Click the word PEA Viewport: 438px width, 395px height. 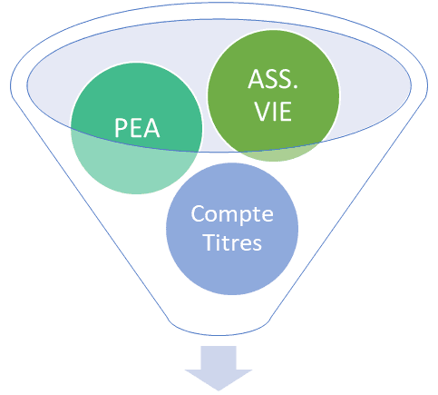(137, 128)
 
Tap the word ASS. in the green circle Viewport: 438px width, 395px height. (273, 79)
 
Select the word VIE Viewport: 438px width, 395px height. (273, 112)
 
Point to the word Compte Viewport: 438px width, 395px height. (232, 215)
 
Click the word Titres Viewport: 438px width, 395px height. (233, 242)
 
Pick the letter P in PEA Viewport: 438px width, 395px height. (121, 128)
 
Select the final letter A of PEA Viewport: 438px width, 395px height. (152, 128)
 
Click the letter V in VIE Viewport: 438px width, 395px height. (263, 112)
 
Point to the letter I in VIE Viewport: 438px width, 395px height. (276, 112)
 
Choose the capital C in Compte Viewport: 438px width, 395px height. (198, 213)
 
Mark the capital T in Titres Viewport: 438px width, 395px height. (210, 242)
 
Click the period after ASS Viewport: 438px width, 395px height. (296, 87)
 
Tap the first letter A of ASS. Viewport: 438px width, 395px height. (256, 79)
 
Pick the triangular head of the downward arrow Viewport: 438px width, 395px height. (219, 380)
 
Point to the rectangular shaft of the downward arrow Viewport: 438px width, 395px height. (219, 358)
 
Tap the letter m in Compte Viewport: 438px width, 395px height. (226, 215)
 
